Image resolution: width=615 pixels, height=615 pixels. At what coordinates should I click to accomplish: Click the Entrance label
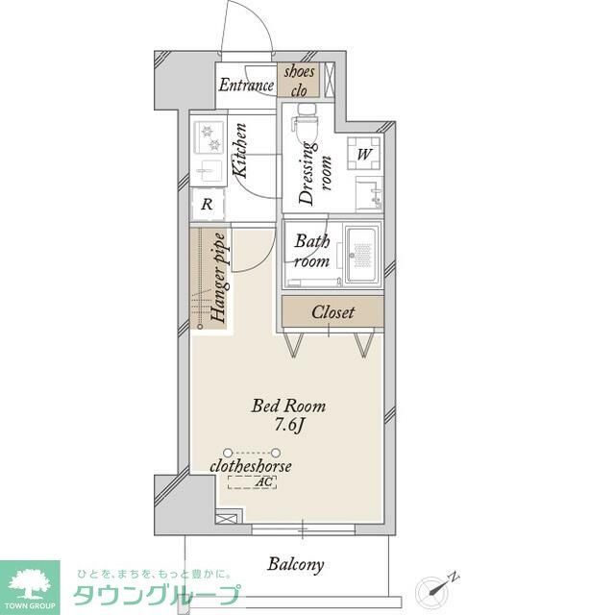[247, 85]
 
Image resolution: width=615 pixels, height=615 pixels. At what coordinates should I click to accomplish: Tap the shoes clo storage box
[299, 81]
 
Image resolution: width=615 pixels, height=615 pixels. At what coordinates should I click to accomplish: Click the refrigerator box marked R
[207, 204]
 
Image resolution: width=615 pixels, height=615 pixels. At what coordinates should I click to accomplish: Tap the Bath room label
[312, 251]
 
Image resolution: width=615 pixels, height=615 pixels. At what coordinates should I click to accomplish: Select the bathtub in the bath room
[363, 256]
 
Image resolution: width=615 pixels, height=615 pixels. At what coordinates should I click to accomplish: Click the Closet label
[332, 312]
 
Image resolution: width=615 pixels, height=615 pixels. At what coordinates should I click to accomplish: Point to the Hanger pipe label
[218, 278]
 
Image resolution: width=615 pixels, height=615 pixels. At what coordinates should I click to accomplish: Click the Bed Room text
[288, 406]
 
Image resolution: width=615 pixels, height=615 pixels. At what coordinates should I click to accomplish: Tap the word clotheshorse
[251, 466]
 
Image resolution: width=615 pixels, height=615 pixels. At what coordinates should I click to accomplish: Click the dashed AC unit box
[252, 482]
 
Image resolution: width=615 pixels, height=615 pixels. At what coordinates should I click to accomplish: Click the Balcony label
[296, 564]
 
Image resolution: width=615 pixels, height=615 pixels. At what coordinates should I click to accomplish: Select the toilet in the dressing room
[307, 124]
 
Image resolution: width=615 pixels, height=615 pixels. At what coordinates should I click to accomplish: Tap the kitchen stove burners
[209, 138]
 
